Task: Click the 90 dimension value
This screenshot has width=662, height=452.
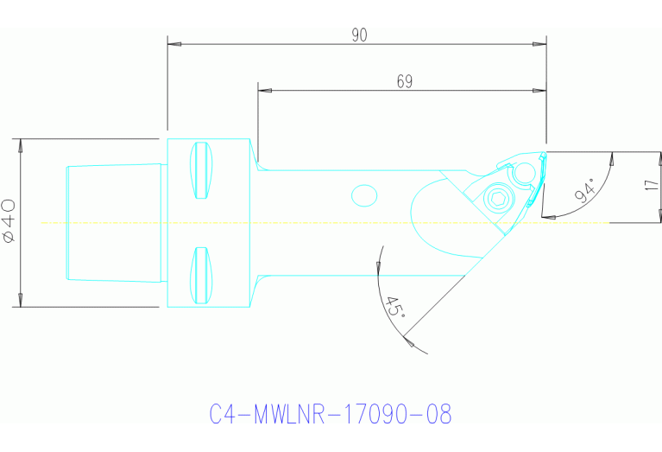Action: click(360, 35)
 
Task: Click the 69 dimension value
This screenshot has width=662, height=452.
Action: click(404, 81)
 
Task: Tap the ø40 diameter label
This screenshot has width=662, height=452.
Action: click(9, 220)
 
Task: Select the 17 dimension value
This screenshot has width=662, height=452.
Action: click(653, 187)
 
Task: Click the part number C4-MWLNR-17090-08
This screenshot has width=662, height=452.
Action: click(331, 414)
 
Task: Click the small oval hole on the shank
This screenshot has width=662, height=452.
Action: click(364, 195)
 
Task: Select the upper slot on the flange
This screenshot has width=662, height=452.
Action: click(201, 169)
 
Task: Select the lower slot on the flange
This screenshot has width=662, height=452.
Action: click(201, 275)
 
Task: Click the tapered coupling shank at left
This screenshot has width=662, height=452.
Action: click(113, 222)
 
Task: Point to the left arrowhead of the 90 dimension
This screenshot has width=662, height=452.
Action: click(173, 43)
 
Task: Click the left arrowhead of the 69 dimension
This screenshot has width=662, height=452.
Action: click(263, 90)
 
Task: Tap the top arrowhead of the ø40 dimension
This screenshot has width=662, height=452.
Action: click(19, 143)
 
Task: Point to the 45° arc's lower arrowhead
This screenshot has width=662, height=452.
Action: click(413, 347)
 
